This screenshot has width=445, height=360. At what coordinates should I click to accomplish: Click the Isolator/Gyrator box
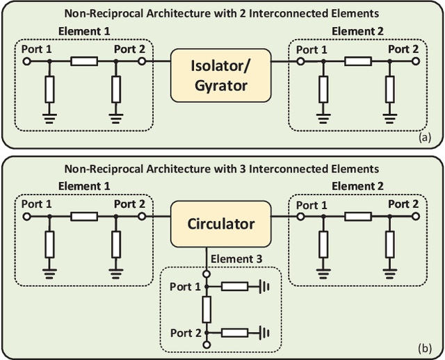point(220,75)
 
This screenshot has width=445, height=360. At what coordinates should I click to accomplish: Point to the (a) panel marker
point(425,138)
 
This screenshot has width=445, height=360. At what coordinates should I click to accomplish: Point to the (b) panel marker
point(425,348)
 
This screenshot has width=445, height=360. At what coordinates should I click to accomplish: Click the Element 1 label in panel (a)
point(84,31)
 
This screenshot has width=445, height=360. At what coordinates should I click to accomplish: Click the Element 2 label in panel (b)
point(355,186)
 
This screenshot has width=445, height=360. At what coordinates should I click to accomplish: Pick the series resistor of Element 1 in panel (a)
point(84,61)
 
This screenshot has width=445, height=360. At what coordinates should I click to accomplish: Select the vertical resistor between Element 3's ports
point(206,306)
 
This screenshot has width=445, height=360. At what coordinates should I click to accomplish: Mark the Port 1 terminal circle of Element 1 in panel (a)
point(26,61)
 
